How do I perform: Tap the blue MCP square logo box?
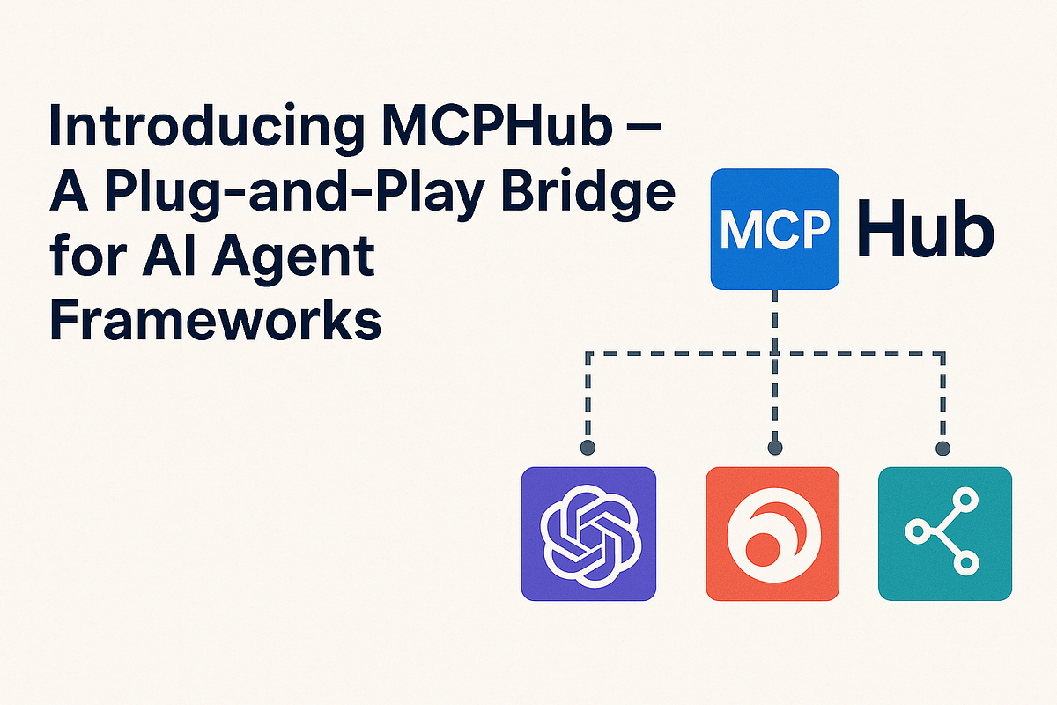(x=774, y=228)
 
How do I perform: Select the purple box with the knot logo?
(x=588, y=534)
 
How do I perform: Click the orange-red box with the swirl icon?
(x=772, y=534)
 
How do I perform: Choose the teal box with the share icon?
(x=945, y=534)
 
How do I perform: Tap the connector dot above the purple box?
(x=588, y=448)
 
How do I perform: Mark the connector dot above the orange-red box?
(x=774, y=448)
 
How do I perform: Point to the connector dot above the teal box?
(x=943, y=448)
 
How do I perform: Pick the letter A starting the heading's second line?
(x=72, y=191)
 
